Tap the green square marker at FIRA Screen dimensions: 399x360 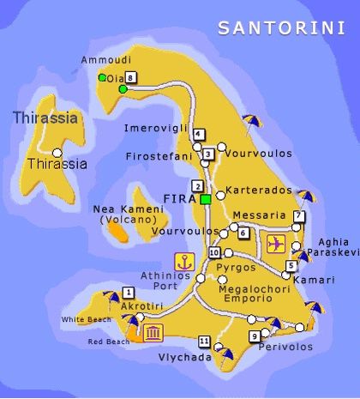point(206,199)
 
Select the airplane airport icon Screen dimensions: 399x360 point(277,243)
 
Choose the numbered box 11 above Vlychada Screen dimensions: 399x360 point(203,340)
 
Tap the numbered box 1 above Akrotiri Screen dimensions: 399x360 point(128,289)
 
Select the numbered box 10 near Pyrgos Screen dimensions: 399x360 point(214,252)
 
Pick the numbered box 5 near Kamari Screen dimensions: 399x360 point(291,265)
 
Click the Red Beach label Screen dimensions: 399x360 point(109,342)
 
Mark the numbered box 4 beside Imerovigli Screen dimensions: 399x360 point(199,134)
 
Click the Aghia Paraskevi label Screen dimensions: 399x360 point(333,247)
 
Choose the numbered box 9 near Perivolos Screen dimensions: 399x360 point(255,336)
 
